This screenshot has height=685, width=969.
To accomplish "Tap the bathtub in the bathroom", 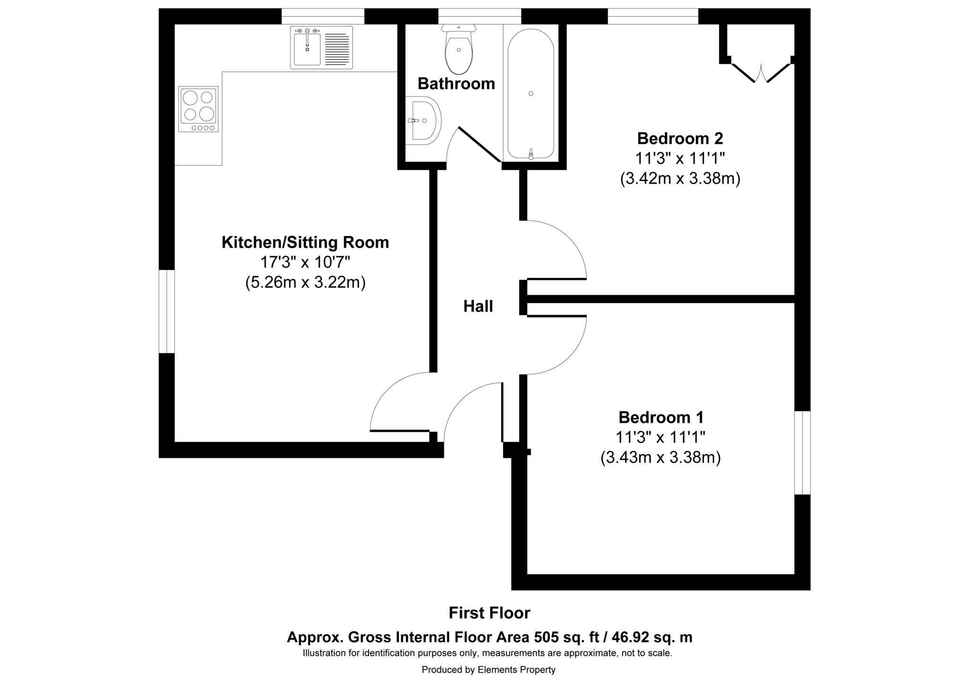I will click(x=530, y=94).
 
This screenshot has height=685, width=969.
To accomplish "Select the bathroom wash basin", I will click(x=423, y=121).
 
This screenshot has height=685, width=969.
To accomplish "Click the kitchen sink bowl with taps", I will click(x=307, y=48).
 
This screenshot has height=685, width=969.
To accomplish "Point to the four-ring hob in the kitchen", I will click(x=198, y=109).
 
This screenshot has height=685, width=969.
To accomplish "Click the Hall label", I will click(x=478, y=306).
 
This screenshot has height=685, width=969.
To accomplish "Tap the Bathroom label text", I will click(x=456, y=83).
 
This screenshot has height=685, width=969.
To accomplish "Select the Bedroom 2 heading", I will click(x=680, y=138).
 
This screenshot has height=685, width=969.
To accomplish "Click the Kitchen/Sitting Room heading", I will click(x=305, y=242).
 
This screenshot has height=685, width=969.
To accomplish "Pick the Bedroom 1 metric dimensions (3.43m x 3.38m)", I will click(x=661, y=458).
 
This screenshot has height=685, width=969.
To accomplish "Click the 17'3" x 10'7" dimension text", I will click(x=305, y=262).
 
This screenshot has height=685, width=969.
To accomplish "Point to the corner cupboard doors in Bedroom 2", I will click(x=761, y=73).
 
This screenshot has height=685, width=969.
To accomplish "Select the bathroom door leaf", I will click(x=479, y=144).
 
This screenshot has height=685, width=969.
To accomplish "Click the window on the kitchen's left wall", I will click(x=167, y=311).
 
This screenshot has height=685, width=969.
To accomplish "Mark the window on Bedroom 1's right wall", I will click(x=802, y=453).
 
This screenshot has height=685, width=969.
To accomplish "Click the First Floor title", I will click(x=489, y=613).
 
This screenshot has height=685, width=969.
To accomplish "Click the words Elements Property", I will click(x=516, y=670).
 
